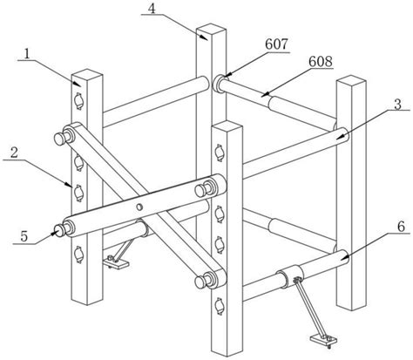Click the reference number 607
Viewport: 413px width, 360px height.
click(276, 44)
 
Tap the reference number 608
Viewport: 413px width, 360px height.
click(321, 62)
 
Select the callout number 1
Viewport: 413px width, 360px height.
click(27, 54)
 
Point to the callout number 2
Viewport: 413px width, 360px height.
click(14, 153)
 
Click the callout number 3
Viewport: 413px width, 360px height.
click(397, 104)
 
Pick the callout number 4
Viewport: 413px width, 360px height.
click(152, 9)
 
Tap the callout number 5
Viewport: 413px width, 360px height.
click(24, 236)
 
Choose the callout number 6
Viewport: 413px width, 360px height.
click(401, 227)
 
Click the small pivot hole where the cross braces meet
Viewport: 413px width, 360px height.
click(139, 207)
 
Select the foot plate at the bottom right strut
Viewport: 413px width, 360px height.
click(323, 339)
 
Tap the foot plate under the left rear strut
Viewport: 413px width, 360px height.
click(116, 263)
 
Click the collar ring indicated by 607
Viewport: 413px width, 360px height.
click(219, 84)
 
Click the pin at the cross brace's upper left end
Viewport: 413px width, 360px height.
click(61, 139)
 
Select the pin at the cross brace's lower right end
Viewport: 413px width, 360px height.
click(202, 282)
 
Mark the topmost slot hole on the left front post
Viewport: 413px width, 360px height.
click(78, 101)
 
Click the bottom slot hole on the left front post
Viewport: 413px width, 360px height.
click(78, 255)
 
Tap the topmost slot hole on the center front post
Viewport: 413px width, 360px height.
click(220, 153)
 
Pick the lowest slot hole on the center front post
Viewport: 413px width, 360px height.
click(220, 306)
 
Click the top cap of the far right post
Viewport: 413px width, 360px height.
click(351, 81)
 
